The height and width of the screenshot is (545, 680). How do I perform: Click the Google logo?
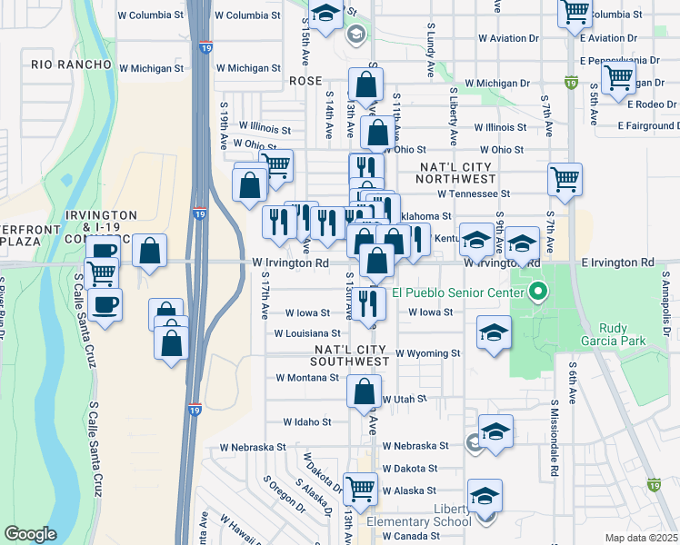tap(30, 534)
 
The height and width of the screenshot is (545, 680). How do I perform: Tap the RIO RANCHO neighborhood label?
tap(63, 64)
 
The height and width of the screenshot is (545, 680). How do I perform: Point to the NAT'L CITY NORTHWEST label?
tap(455, 173)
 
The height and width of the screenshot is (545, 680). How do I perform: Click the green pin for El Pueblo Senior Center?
tap(537, 292)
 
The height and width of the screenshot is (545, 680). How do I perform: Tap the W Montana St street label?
tap(307, 377)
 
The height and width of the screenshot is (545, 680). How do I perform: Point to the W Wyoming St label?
tap(428, 352)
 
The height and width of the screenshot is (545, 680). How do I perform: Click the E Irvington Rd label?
tap(617, 263)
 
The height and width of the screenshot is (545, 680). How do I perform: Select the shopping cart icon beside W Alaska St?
tap(361, 490)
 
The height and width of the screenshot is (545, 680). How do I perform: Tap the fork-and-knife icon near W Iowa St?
tap(368, 304)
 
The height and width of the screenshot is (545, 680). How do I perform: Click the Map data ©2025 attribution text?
tap(641, 538)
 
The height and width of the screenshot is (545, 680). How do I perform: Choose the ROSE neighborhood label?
tap(305, 81)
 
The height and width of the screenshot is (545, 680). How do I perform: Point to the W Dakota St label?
tap(410, 469)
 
